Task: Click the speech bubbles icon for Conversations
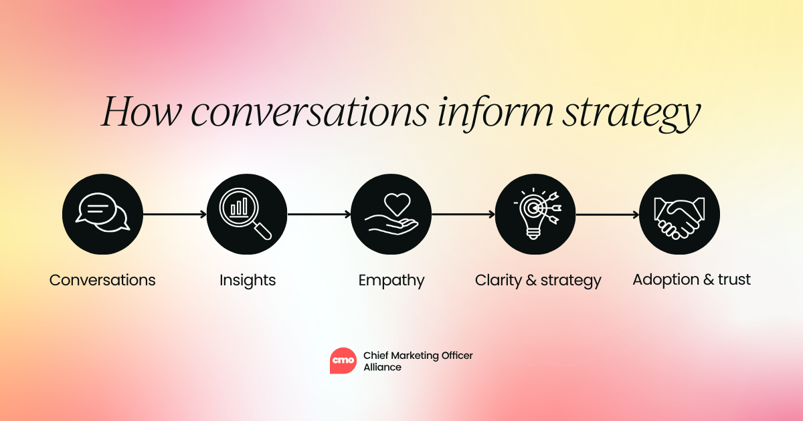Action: point(102,214)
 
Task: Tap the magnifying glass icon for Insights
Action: point(247,214)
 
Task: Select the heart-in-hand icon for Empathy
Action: point(391,214)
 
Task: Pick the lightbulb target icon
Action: point(535,214)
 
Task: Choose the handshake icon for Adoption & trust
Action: point(679,214)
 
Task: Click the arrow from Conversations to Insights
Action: point(175,214)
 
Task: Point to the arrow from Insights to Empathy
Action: point(319,214)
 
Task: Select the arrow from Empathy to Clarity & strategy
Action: point(463,214)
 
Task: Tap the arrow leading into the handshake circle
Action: point(608,214)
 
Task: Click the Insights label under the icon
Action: point(248,280)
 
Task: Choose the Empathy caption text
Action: point(391,280)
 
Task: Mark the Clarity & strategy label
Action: point(538,280)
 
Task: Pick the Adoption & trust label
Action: point(691,279)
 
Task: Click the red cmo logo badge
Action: point(343,361)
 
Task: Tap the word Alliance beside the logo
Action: point(382,367)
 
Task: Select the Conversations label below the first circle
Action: point(102,280)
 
